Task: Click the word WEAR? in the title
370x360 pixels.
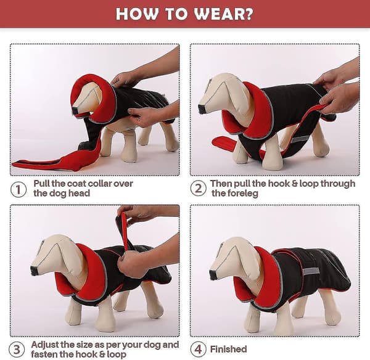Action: click(224, 14)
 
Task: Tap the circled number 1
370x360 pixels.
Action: click(18, 189)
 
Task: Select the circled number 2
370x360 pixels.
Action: click(198, 189)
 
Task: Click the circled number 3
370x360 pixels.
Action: click(17, 350)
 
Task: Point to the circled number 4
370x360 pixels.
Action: click(198, 350)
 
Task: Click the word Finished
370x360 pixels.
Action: click(228, 349)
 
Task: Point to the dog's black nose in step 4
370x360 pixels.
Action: click(213, 275)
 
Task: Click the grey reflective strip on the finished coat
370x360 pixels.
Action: click(311, 271)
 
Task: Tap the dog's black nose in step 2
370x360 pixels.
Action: click(202, 108)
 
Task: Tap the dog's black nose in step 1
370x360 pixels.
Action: click(75, 110)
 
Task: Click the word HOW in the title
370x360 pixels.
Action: click(137, 14)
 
